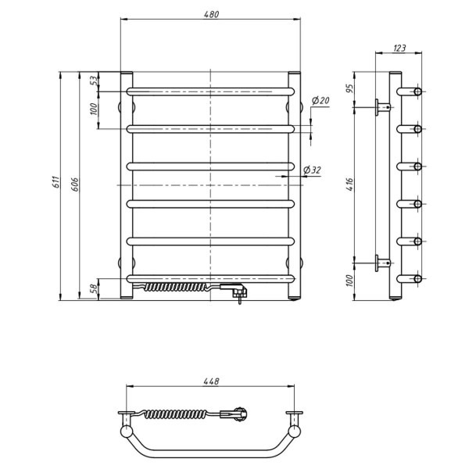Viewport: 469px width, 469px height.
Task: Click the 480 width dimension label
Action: click(212, 14)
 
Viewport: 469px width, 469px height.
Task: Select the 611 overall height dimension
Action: click(56, 182)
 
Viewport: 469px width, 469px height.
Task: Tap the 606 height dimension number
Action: click(75, 184)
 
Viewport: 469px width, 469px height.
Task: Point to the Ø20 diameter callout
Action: click(320, 101)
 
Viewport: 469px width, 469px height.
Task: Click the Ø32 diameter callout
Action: click(312, 170)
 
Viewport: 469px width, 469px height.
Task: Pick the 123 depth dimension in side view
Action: click(399, 48)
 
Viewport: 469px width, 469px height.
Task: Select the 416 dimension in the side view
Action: click(349, 184)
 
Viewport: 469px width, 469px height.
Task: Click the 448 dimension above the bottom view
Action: click(211, 381)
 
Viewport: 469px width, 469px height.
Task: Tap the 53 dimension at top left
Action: click(94, 81)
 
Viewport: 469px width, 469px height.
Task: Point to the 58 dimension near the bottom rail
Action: click(94, 288)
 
